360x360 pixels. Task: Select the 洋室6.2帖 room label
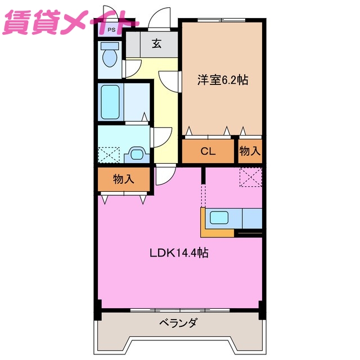(222, 80)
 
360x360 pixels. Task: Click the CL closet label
(208, 151)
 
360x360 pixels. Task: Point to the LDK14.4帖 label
(179, 253)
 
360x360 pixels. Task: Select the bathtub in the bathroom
(110, 101)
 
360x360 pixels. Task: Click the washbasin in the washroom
(137, 152)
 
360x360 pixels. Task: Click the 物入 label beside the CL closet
(250, 151)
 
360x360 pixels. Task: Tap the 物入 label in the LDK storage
(123, 179)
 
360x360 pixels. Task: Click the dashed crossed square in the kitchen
(250, 178)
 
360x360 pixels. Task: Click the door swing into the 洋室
(168, 82)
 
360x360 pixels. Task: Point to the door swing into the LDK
(166, 175)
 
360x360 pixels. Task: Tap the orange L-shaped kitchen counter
(217, 232)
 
